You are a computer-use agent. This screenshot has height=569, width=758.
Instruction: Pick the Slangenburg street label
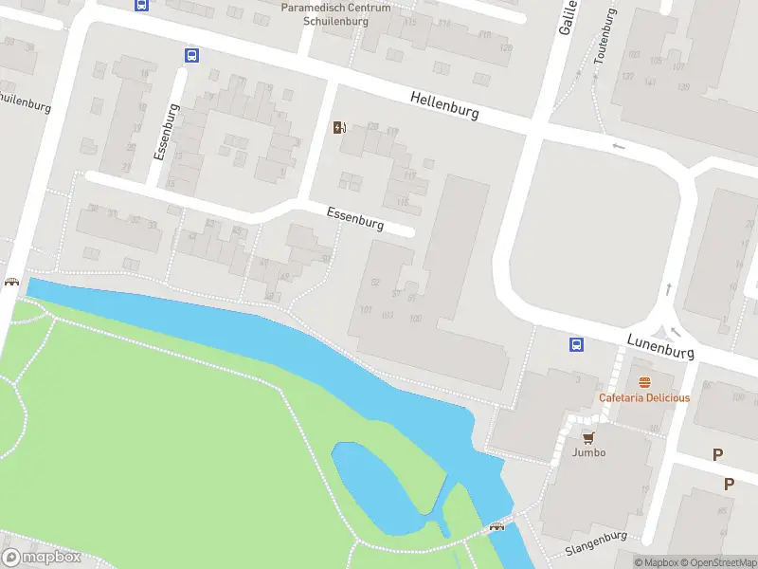597,543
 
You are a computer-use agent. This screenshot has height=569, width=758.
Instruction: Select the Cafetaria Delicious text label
644,398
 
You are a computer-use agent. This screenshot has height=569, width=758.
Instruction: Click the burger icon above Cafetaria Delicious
644,383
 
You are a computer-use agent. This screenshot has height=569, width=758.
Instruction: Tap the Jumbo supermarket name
588,452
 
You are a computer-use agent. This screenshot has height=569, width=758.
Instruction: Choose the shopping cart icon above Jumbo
588,437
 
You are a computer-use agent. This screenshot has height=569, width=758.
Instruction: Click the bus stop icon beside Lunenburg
575,344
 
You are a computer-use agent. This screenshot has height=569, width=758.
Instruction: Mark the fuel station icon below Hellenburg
339,127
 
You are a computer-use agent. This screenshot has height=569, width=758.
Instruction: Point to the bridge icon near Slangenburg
496,526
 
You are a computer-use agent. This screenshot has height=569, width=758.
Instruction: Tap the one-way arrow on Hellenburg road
619,146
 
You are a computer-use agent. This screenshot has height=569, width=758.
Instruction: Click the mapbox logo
42,558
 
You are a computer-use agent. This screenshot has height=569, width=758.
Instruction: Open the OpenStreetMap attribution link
719,562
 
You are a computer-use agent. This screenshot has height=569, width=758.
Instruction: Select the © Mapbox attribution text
657,562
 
